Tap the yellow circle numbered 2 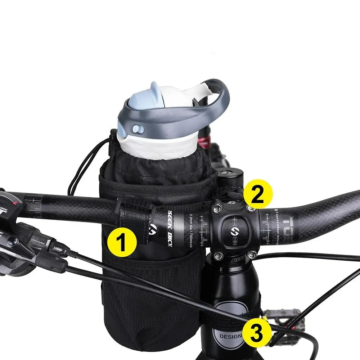pos(258,194)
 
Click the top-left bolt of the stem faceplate pos(217,208)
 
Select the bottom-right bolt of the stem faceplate pos(252,255)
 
